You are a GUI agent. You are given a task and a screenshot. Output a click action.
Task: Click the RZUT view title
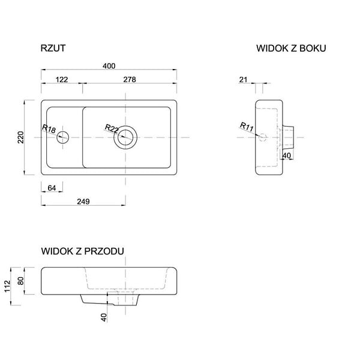click(53, 48)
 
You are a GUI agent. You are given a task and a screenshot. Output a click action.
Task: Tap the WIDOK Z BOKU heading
click(291, 48)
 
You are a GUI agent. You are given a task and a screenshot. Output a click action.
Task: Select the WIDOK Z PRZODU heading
click(83, 251)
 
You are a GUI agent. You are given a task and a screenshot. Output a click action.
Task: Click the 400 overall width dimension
click(109, 66)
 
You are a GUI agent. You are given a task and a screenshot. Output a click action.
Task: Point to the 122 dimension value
click(62, 80)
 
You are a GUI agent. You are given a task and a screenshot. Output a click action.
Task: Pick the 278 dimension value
click(130, 79)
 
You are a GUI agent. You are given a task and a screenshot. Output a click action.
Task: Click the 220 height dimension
click(21, 137)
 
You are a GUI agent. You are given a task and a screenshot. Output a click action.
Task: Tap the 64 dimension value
click(52, 188)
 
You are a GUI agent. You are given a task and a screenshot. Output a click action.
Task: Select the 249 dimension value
click(83, 202)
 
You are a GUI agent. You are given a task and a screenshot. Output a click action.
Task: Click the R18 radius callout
click(49, 129)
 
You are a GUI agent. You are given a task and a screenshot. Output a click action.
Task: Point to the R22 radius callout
click(112, 128)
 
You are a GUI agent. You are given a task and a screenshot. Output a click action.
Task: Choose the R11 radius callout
click(247, 127)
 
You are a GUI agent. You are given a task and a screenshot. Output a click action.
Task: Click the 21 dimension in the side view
click(244, 80)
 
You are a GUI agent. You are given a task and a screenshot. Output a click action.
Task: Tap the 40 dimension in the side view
click(287, 155)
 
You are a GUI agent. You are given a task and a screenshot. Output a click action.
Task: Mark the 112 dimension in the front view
click(8, 286)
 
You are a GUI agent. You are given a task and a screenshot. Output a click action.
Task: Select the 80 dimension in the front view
click(21, 281)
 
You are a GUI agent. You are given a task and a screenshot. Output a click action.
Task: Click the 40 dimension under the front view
click(104, 317)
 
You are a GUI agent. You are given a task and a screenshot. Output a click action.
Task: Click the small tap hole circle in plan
click(62, 137)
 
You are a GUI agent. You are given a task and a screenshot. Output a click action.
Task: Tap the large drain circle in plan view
click(125, 137)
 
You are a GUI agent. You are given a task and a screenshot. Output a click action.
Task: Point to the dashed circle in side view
click(263, 137)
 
